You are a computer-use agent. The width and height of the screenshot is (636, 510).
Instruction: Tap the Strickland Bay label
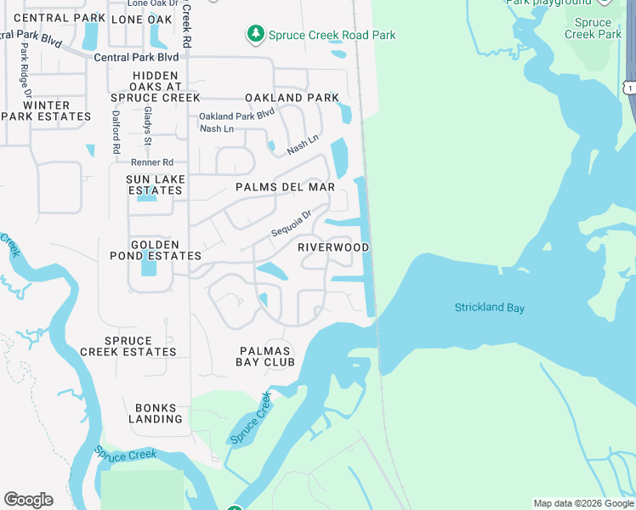490,308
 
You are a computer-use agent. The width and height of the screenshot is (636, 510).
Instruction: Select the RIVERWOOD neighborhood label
333,247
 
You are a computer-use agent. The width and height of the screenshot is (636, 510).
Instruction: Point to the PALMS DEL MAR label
285,187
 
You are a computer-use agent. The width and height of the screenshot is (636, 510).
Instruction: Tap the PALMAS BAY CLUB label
265,356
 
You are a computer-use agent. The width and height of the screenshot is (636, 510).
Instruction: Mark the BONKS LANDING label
156,413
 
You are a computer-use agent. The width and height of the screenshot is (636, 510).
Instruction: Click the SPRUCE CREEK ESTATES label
128,347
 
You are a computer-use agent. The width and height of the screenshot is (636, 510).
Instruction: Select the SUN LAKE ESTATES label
154,185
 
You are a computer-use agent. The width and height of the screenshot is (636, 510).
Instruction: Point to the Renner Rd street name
152,162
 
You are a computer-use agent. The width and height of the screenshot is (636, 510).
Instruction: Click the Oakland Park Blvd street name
237,116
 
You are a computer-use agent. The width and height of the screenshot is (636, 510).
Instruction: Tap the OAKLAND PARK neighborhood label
292,98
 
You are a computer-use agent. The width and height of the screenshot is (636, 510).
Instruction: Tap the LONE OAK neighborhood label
141,19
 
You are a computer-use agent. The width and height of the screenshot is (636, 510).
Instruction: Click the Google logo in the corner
28,500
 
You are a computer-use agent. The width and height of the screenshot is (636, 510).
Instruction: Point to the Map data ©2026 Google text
584,503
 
